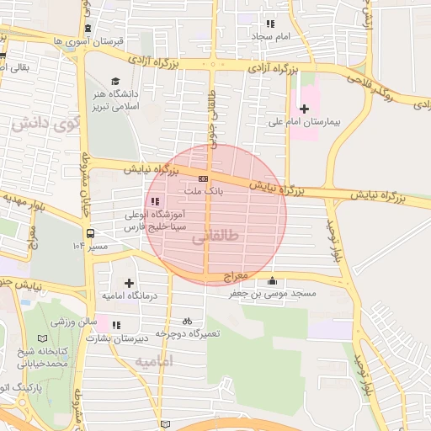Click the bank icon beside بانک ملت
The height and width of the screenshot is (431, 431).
pos(203,178)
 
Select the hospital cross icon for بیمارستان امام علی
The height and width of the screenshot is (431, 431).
pos(304,109)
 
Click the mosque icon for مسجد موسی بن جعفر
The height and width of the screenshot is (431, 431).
pos(271,282)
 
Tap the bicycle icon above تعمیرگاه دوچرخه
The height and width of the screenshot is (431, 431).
pos(187,321)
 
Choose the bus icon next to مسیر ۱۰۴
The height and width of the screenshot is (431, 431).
pos(89,233)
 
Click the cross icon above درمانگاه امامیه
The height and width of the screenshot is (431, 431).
pos(129,284)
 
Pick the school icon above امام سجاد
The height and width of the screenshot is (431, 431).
pos(270,24)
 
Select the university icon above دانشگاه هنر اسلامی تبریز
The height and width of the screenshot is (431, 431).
pos(114,82)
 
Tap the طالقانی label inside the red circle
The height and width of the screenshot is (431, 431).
pos(215,237)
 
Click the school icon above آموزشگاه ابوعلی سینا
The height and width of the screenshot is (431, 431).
pos(155,201)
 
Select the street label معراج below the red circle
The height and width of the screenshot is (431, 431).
pos(237,276)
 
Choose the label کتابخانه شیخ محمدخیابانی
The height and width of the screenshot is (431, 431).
pos(45,357)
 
